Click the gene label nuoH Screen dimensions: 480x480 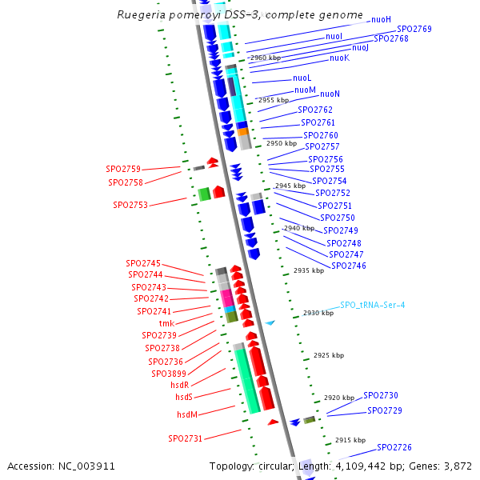tap(381, 18)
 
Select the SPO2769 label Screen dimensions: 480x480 tap(414, 29)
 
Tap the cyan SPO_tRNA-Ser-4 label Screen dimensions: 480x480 tap(373, 305)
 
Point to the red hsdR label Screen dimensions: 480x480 tap(180, 385)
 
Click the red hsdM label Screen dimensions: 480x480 tap(187, 414)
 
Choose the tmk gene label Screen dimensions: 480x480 tap(167, 323)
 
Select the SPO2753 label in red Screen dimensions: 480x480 tap(130, 205)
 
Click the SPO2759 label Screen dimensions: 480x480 tap(123, 169)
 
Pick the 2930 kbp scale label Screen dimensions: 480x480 tap(318, 314)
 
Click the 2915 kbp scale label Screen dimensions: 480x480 tap(350, 440)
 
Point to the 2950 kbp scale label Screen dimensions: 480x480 tap(281, 143)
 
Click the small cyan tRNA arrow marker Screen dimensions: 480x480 tap(270, 322)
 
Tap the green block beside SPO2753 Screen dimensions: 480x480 tap(204, 193)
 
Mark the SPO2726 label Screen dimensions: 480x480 tap(394, 447)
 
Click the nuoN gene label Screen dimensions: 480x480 tap(330, 94)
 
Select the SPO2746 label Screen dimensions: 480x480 tap(348, 266)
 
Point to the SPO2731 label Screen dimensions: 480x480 tap(185, 438)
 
